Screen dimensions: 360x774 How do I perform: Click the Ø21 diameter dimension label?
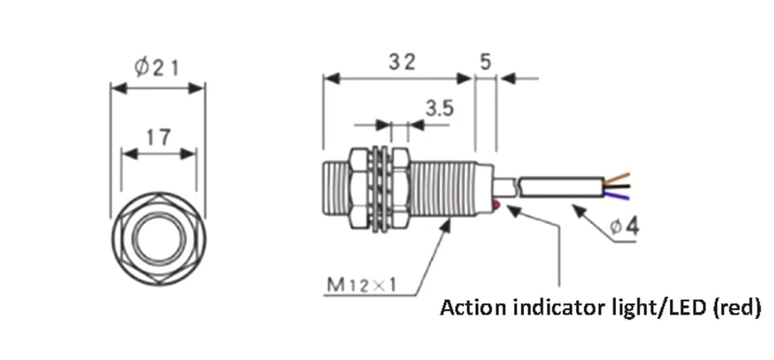point(158,67)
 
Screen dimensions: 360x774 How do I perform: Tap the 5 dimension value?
point(485,62)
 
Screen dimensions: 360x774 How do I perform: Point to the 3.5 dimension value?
point(439,109)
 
